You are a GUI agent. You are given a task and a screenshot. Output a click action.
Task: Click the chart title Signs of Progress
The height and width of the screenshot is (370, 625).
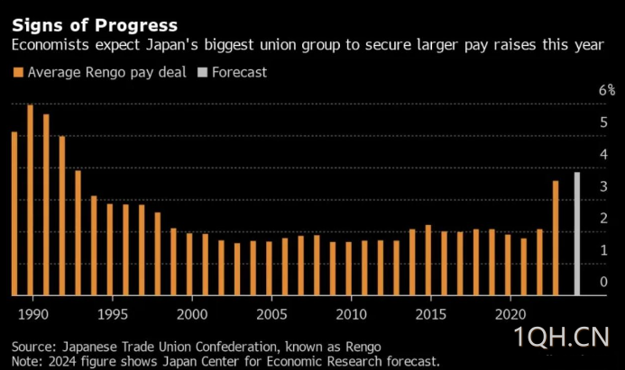click(95, 26)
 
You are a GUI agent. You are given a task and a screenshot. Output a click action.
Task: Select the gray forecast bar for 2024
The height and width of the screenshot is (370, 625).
click(577, 234)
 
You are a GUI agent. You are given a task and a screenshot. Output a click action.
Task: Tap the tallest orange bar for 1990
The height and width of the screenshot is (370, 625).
click(31, 200)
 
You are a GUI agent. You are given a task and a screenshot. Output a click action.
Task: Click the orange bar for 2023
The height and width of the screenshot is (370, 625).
click(556, 238)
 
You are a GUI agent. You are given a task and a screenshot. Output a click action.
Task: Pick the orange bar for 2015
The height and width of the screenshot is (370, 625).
click(428, 260)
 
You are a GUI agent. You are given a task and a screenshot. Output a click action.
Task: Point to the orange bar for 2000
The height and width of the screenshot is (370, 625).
click(189, 264)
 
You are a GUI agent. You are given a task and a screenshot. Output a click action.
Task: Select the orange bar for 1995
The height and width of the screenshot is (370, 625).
click(110, 250)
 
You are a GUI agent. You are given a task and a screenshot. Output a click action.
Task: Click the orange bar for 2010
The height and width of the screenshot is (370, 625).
click(349, 269)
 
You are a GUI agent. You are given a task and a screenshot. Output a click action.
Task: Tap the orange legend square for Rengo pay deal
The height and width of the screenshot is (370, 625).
click(18, 72)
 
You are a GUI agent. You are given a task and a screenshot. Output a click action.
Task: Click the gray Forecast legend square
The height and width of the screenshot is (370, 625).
click(203, 72)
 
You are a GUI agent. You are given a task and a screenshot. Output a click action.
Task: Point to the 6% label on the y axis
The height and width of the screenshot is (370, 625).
click(607, 90)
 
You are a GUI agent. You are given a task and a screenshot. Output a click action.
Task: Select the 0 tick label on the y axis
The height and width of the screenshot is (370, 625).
click(604, 282)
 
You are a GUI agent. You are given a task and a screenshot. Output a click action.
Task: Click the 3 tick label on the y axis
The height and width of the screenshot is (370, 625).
click(604, 186)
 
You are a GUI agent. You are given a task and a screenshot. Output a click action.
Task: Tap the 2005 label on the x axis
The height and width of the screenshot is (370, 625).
click(271, 315)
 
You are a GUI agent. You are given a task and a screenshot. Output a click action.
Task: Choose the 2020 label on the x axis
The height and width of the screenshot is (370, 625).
click(510, 315)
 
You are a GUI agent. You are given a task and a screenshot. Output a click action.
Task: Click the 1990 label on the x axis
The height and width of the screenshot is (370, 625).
click(33, 315)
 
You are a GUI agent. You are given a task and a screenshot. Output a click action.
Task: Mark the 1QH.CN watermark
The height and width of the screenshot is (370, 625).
click(562, 337)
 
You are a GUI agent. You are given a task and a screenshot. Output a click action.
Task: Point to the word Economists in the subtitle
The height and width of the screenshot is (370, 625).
click(51, 44)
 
